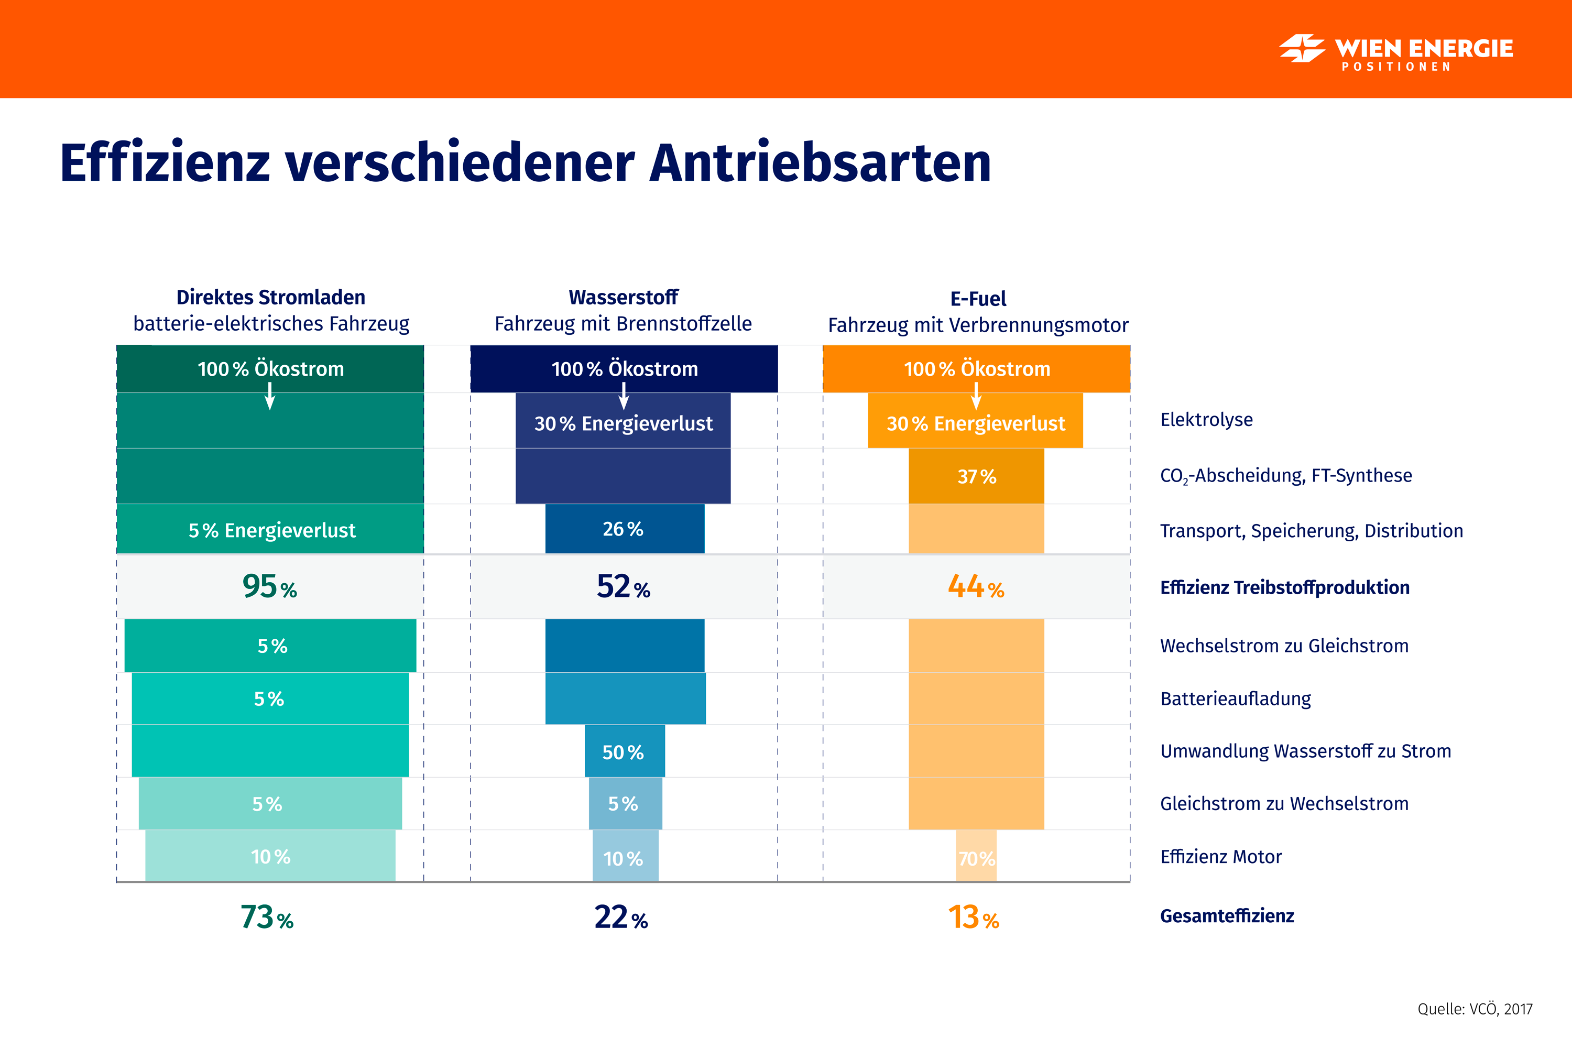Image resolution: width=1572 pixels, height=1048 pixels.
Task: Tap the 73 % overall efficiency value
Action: coord(267,917)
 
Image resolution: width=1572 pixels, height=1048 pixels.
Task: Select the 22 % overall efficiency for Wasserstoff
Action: coord(621,917)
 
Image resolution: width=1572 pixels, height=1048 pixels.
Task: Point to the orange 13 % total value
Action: coord(973,917)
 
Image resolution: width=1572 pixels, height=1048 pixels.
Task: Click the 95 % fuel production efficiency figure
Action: coord(269,587)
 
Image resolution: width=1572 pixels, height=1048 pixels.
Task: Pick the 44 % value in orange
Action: coord(976,587)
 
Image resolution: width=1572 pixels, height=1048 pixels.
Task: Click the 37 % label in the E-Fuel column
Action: coord(977,476)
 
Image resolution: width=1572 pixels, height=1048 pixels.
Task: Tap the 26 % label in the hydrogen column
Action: coord(623,529)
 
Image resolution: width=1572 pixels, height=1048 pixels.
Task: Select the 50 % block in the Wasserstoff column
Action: coord(624,752)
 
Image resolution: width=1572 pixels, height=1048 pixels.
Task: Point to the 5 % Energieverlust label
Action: coord(271,530)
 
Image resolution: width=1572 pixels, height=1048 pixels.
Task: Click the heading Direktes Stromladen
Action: coord(271,298)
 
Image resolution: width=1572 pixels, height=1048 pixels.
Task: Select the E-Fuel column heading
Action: coord(978,299)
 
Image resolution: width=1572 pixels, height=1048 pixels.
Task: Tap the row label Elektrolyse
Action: coord(1206,420)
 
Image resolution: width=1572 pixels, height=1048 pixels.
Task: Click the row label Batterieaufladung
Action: coord(1235,698)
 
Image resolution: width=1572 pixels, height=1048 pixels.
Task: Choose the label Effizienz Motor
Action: coord(1220,857)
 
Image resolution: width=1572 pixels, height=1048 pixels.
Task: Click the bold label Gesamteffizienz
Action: coord(1227,915)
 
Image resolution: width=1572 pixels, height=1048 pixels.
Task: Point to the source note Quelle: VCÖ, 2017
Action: coord(1475,1009)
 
